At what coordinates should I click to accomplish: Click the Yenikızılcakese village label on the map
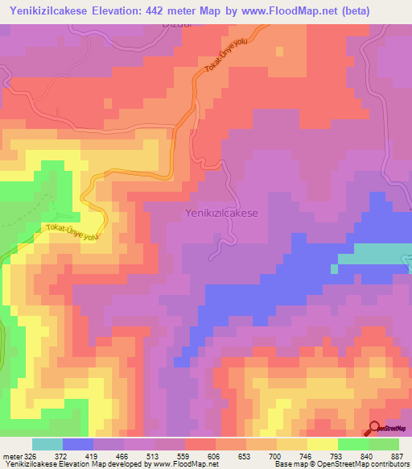tap(221, 213)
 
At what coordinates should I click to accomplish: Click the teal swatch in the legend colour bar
tap(47, 444)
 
